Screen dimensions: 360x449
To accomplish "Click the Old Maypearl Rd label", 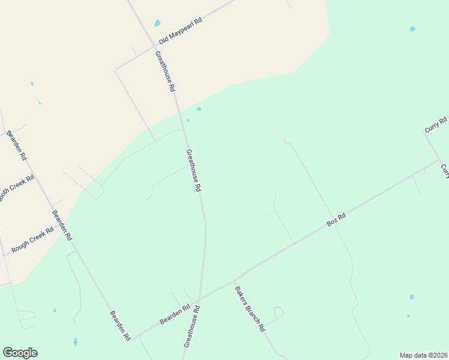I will point(180,31).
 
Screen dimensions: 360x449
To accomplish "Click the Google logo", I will point(20,353).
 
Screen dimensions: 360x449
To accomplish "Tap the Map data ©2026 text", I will point(423,355).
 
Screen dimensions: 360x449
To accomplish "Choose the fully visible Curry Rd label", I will point(436,125).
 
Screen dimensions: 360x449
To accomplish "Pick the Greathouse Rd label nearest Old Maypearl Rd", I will point(164,70).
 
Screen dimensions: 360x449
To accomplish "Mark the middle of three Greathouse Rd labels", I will point(193,170).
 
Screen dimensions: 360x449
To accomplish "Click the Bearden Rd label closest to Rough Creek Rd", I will point(62,225).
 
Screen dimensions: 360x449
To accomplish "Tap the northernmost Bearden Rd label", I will point(17,145).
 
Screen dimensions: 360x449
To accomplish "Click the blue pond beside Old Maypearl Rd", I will point(158,23).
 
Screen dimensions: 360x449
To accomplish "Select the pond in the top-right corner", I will point(412,29).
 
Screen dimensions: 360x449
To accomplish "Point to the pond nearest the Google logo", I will point(75,341).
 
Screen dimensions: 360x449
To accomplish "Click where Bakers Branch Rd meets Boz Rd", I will point(233,281).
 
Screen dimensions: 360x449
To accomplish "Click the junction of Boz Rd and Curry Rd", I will point(439,160).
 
